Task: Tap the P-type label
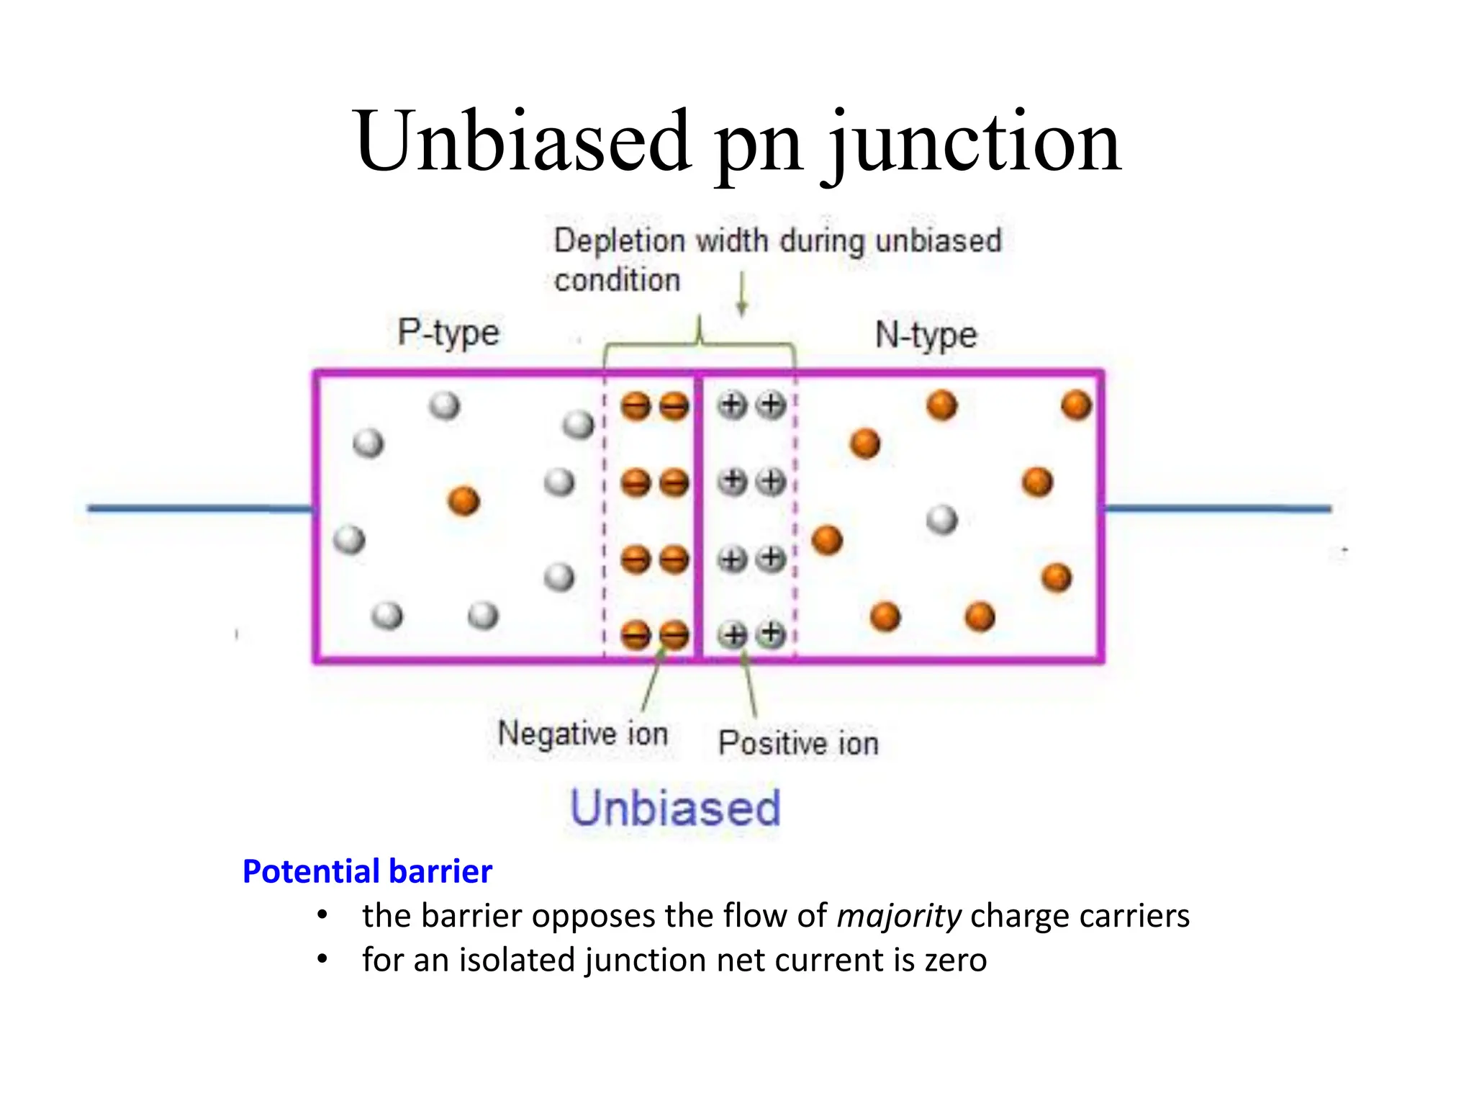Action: (448, 333)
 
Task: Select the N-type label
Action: (926, 336)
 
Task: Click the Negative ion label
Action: (583, 734)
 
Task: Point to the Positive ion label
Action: (798, 743)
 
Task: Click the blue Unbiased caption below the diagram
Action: (675, 808)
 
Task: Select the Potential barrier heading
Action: (367, 871)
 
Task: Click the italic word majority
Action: (899, 916)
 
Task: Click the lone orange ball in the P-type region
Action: (464, 500)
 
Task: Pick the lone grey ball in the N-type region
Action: (942, 519)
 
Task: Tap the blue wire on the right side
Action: (1216, 508)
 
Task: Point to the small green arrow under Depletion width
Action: (742, 295)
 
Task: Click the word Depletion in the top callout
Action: (619, 240)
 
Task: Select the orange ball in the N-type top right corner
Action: (1076, 405)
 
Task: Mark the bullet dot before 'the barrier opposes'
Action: (322, 916)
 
